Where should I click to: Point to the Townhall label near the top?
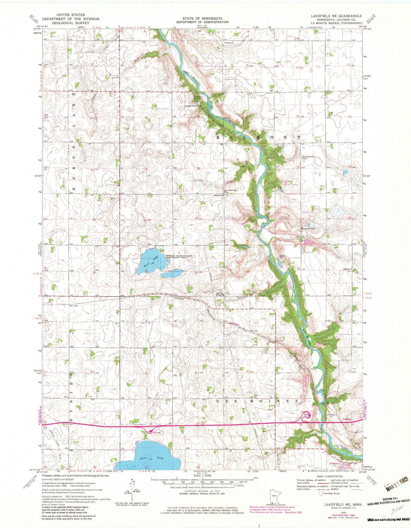pyautogui.click(x=230, y=43)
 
